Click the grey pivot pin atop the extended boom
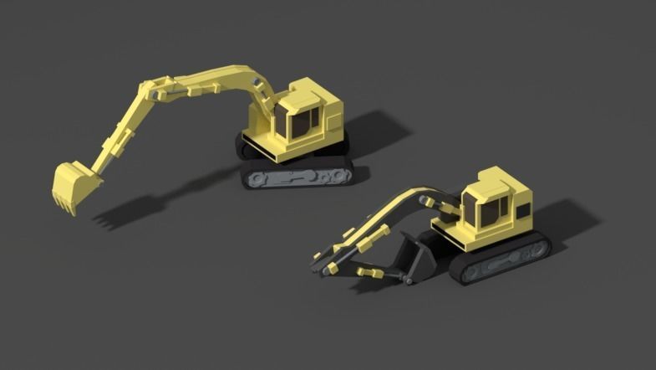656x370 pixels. tap(255, 81)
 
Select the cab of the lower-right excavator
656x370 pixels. tap(493, 204)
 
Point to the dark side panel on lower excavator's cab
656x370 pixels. tap(521, 213)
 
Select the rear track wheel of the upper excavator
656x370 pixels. tap(343, 174)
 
